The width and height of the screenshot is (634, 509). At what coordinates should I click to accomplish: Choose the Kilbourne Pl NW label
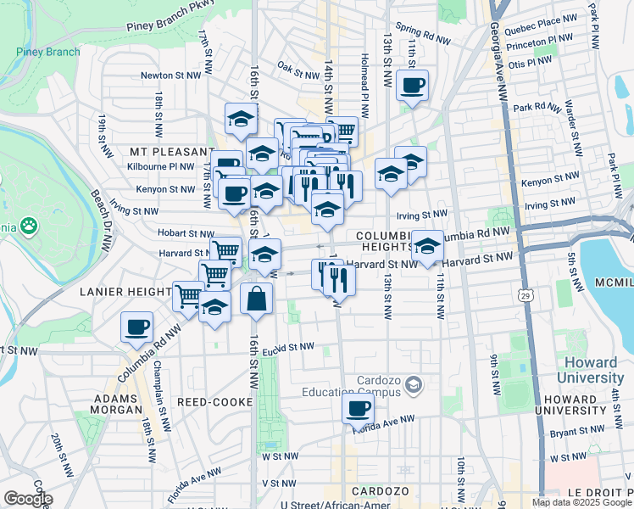point(160,167)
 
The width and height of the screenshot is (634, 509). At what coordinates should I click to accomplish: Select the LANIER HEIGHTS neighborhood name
point(125,291)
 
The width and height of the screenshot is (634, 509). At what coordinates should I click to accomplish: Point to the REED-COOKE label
point(210,400)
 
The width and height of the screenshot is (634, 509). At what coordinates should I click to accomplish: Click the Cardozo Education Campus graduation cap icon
point(413,387)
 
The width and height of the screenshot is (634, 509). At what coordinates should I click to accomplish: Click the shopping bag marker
point(256,299)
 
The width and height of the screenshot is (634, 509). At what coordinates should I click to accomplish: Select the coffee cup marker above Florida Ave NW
point(358,409)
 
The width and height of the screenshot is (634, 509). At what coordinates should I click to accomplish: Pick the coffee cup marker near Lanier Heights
point(136,327)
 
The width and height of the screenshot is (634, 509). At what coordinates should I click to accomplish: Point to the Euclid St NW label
point(287,347)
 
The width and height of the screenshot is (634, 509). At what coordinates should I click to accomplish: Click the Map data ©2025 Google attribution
point(581,502)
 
